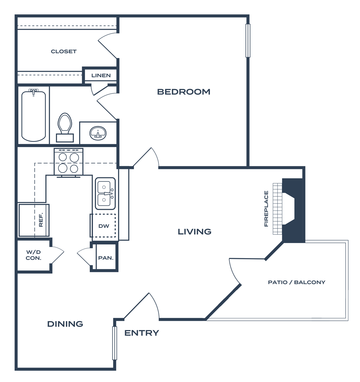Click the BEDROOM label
point(184,92)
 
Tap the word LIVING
point(194,232)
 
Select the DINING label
point(65,324)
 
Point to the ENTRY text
point(141,333)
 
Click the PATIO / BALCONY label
point(296,282)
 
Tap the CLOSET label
point(64,52)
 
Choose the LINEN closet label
point(101,75)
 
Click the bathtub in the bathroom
point(34,116)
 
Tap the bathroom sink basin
point(98,133)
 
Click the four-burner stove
point(69,162)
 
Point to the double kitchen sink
point(105,193)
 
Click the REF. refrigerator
point(34,220)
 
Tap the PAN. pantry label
point(106,258)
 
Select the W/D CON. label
point(34,255)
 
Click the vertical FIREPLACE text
point(266,209)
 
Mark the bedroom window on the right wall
point(248,41)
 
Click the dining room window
point(115,343)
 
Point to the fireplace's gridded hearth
point(278,209)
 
